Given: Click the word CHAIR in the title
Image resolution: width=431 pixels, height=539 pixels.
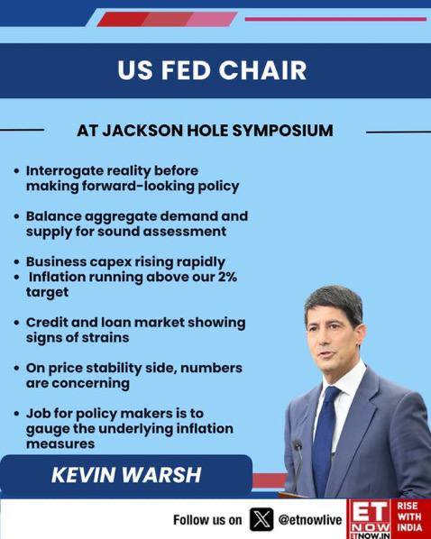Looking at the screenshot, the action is coord(262,70).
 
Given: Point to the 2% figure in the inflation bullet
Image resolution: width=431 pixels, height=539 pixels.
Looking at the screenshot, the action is coord(227,277).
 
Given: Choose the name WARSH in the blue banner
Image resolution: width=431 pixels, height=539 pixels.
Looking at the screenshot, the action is coord(161,475).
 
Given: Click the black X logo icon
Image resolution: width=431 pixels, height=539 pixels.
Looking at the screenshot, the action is coord(261,519).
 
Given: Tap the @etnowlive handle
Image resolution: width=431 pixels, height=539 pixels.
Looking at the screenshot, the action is coord(309,520).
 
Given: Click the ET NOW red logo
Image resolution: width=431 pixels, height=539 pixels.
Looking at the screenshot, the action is coord(370,519).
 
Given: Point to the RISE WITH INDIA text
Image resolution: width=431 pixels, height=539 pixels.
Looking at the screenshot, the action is coord(409,516).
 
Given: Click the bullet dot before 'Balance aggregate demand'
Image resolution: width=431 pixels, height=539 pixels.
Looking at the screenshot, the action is coord(16,217).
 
